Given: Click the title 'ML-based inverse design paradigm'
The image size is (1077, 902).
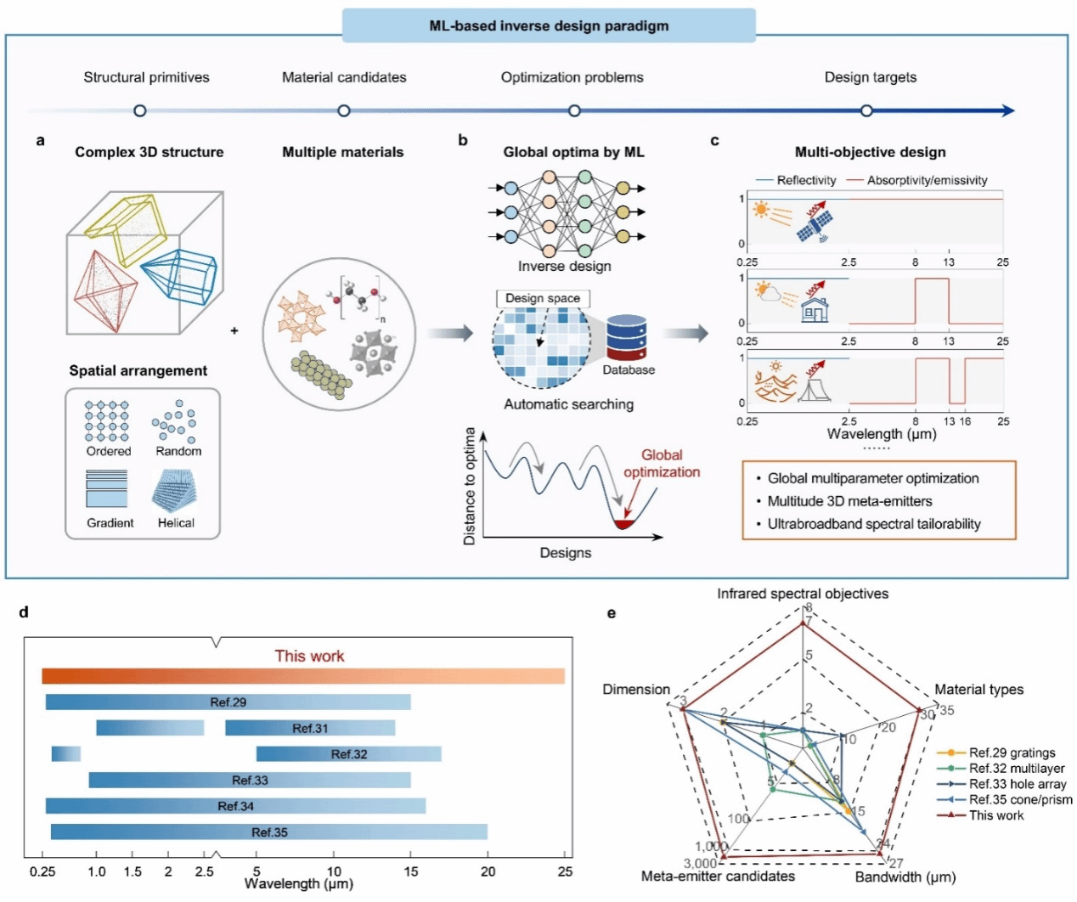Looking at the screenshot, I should coord(549,25).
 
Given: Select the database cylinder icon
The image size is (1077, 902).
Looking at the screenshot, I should coord(627,338).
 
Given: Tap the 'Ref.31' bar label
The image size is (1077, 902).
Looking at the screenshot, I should coord(310,728).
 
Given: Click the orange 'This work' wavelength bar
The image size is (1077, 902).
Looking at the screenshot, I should coord(303,676).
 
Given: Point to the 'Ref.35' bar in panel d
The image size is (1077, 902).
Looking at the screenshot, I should coord(269,832).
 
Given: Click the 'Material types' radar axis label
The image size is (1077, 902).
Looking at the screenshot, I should coord(978,690).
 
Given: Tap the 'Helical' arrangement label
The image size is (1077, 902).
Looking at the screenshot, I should coord(176,523).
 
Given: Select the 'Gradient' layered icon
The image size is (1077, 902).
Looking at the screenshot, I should coord(107,489).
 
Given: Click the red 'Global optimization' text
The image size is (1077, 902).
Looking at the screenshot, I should coord(662,464).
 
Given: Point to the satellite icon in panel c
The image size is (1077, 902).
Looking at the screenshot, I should coord(815,224).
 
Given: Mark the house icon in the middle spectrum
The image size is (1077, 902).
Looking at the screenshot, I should coord(815,311).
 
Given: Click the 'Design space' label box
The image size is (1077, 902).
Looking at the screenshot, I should coord(543,298).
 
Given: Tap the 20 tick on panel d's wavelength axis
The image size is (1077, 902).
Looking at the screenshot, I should coord(488,871).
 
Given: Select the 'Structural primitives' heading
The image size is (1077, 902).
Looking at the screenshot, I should coord(146,77).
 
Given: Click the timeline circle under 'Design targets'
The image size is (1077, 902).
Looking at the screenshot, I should coord(866,110).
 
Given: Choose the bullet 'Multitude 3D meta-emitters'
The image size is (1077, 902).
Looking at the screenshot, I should coord(849,501).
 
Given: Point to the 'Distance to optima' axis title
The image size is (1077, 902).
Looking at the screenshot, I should coord(470,486).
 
